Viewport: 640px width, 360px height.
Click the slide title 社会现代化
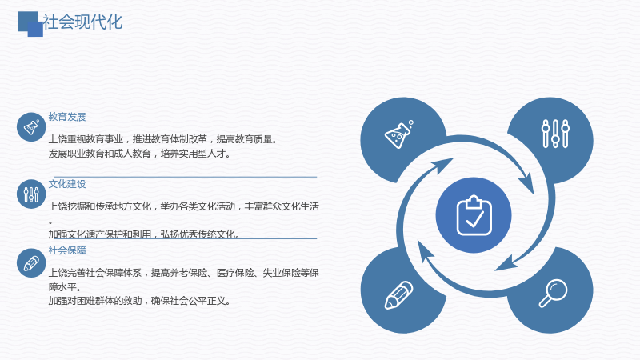pyautogui.click(x=82, y=22)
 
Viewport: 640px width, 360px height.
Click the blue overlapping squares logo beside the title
pyautogui.click(x=30, y=24)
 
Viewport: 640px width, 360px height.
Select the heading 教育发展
pyautogui.click(x=67, y=117)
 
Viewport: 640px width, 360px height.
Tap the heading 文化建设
pyautogui.click(x=67, y=184)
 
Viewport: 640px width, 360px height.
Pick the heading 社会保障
pyautogui.click(x=67, y=250)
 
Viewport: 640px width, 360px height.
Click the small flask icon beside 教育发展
pyautogui.click(x=31, y=127)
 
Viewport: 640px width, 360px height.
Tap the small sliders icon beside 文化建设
pyautogui.click(x=31, y=194)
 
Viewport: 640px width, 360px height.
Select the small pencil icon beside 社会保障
pyautogui.click(x=31, y=263)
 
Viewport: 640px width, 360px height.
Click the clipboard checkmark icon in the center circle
pyautogui.click(x=474, y=215)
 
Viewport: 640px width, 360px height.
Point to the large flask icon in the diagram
pyautogui.click(x=398, y=134)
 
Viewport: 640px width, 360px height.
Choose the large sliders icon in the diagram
pyautogui.click(x=555, y=134)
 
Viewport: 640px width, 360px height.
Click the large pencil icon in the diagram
pyautogui.click(x=398, y=295)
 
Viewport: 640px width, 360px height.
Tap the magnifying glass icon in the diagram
pyautogui.click(x=553, y=293)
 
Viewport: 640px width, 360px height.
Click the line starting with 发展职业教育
pyautogui.click(x=140, y=154)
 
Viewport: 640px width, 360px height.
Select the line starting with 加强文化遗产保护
pyautogui.click(x=144, y=234)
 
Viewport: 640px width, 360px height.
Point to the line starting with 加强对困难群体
pyautogui.click(x=140, y=302)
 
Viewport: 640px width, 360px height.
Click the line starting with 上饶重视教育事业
pyautogui.click(x=163, y=139)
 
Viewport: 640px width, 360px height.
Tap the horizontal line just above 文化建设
pyautogui.click(x=186, y=177)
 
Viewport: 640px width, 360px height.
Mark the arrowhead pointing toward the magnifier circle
pyautogui.click(x=506, y=263)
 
